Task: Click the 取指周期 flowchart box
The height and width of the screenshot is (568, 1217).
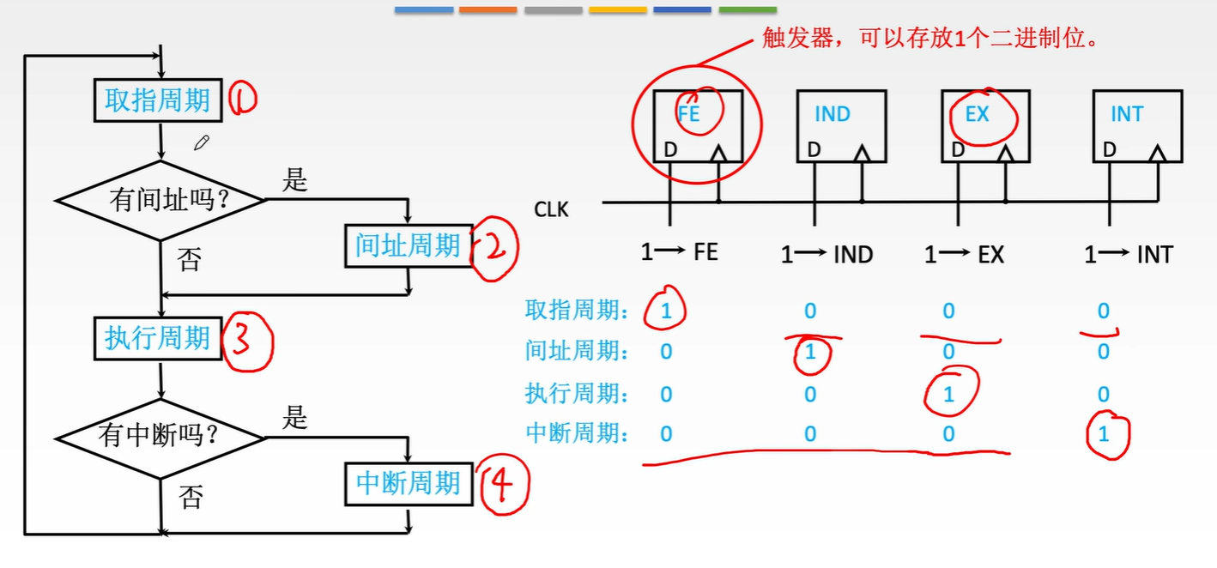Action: [157, 100]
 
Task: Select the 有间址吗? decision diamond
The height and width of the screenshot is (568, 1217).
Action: [160, 201]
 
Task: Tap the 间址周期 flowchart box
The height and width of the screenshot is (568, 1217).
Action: [409, 246]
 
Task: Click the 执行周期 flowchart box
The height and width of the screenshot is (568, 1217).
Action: [157, 338]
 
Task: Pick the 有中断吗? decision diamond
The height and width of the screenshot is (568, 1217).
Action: [160, 437]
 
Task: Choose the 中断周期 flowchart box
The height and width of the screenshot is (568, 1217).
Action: [409, 483]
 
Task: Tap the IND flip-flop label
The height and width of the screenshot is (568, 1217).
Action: [832, 114]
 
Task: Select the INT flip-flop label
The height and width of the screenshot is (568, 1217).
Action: [1126, 114]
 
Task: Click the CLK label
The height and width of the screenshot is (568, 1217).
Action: [551, 209]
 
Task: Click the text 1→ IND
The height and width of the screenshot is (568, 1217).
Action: [826, 255]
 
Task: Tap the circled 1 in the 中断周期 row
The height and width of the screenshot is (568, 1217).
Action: [1104, 434]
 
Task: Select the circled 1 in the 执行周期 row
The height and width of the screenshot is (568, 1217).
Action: [948, 395]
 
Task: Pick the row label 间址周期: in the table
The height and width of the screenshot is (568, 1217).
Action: [577, 351]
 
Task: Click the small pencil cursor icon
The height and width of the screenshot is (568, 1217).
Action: [201, 143]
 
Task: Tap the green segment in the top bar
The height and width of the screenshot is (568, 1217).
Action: [747, 9]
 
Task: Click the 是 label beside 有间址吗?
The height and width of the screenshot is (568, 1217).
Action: [294, 182]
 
